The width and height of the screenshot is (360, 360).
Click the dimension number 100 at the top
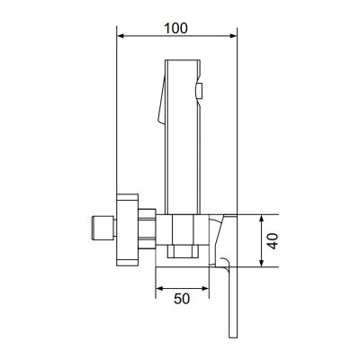[176, 28]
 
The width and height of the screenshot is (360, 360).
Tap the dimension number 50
[182, 299]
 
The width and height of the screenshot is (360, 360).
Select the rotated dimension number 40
[273, 240]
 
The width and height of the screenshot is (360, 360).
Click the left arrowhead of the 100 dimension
[121, 36]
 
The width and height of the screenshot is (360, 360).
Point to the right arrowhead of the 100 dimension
[233, 36]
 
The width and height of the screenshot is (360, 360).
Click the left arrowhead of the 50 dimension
[159, 289]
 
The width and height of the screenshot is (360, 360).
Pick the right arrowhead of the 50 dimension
[205, 289]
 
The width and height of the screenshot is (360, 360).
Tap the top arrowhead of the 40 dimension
[262, 219]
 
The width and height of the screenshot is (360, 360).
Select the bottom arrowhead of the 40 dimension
[262, 263]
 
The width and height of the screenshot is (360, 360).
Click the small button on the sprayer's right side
[200, 91]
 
